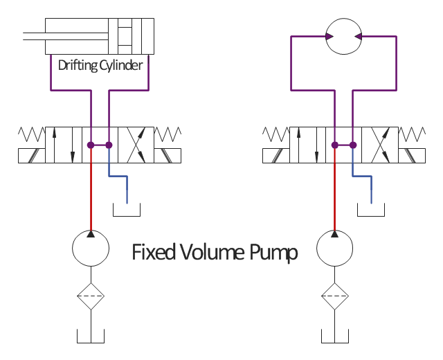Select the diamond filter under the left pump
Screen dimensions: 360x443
pyautogui.click(x=91, y=297)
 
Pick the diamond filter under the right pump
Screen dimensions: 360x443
pyautogui.click(x=334, y=297)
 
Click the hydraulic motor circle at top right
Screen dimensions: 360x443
pyautogui.click(x=343, y=36)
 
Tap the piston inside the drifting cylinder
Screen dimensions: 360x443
pyautogui.click(x=125, y=36)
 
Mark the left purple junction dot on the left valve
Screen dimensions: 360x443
pyautogui.click(x=91, y=145)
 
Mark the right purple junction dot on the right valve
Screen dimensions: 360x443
pyautogui.click(x=353, y=145)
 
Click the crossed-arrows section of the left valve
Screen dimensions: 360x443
pyautogui.click(x=136, y=144)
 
